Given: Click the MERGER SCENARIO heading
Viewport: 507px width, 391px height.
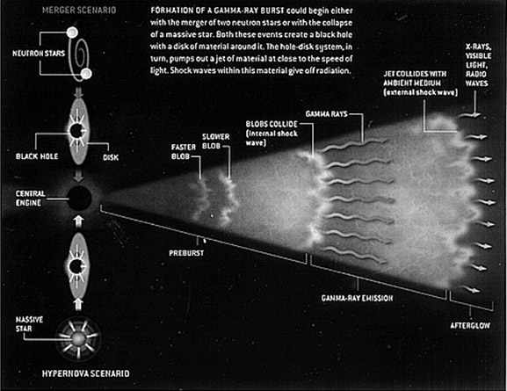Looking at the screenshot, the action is pyautogui.click(x=79, y=10).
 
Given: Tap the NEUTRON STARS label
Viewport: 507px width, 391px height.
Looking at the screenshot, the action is pyautogui.click(x=39, y=54).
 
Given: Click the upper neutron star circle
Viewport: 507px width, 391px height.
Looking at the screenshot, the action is pyautogui.click(x=72, y=33).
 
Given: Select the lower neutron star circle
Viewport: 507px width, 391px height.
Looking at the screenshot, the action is pyautogui.click(x=86, y=74).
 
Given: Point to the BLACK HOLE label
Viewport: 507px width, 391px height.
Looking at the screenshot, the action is pyautogui.click(x=37, y=156).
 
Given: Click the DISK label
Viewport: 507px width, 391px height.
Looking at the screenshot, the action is pyautogui.click(x=111, y=157).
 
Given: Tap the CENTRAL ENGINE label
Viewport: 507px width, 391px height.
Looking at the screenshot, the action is pyautogui.click(x=31, y=199).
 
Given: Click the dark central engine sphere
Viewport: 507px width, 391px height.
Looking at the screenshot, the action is pyautogui.click(x=79, y=198).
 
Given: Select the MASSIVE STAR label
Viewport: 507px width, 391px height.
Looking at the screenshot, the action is pyautogui.click(x=29, y=324).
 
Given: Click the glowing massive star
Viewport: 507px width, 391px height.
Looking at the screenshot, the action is pyautogui.click(x=78, y=339).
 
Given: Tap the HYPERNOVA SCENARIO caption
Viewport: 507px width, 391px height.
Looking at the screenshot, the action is pyautogui.click(x=86, y=373).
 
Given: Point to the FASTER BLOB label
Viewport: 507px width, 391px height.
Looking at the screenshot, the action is pyautogui.click(x=184, y=152).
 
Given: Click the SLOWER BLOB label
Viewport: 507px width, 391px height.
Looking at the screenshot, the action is pyautogui.click(x=215, y=141).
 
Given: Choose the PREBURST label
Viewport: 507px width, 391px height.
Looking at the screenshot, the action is pyautogui.click(x=186, y=253).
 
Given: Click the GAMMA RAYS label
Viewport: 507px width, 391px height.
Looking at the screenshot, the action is pyautogui.click(x=326, y=114).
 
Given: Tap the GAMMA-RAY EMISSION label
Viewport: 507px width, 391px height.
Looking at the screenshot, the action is pyautogui.click(x=358, y=298).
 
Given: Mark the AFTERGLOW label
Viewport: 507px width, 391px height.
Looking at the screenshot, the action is pyautogui.click(x=470, y=325).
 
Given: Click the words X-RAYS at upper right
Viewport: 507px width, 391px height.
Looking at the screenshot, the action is pyautogui.click(x=478, y=47).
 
